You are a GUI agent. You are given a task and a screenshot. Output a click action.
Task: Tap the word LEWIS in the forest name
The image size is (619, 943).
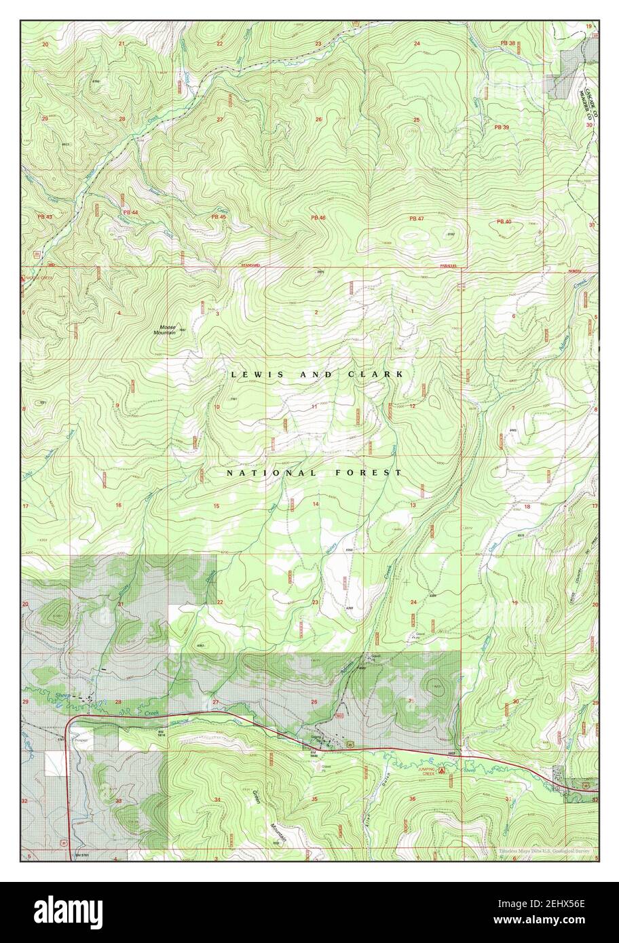[255, 374]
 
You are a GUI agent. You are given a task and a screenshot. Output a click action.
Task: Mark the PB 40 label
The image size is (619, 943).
[503, 222]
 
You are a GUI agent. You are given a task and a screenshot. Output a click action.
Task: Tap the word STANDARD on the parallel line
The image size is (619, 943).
[251, 265]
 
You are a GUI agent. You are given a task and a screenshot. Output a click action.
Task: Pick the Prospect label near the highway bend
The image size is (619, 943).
[81, 740]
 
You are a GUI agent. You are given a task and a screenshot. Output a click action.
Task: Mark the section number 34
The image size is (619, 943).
[217, 800]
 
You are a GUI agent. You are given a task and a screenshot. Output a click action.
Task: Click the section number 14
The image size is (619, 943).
[315, 504]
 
